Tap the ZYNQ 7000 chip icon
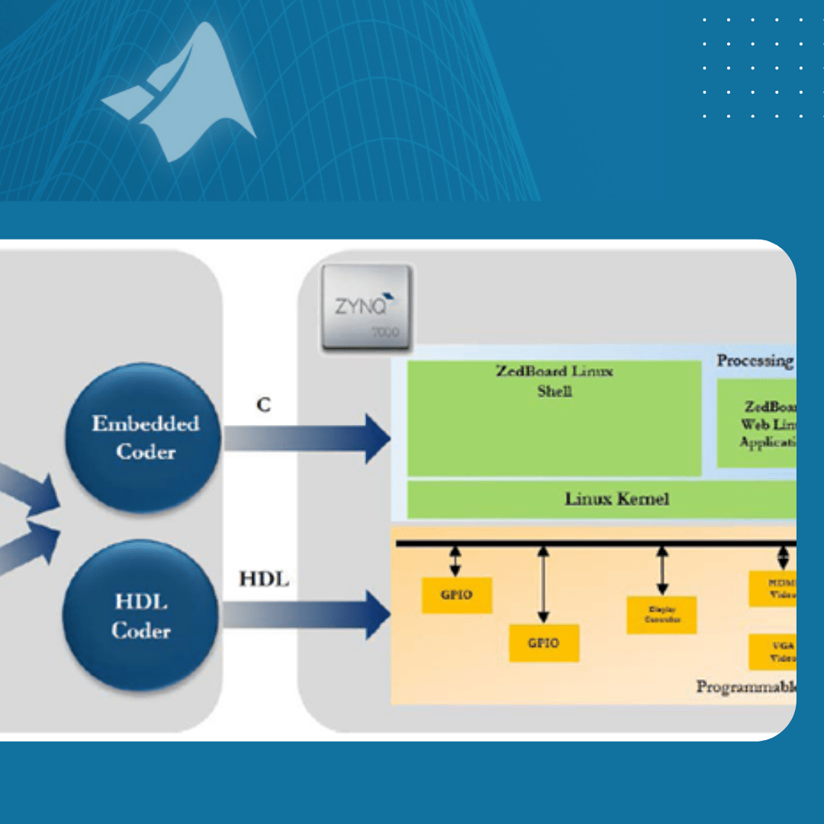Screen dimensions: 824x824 (367, 308)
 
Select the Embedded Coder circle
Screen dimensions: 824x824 (144, 437)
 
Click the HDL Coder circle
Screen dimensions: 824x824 (141, 616)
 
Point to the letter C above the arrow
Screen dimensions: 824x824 (263, 405)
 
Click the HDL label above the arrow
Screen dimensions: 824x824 (264, 579)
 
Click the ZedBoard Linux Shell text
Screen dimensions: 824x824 (555, 381)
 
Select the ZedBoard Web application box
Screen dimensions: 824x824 (757, 424)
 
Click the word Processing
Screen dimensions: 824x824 (755, 361)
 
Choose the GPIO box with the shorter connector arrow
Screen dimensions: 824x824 (457, 595)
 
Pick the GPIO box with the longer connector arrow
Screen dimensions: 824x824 (544, 642)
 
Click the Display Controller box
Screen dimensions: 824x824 (661, 615)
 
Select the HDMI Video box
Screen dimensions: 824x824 (772, 588)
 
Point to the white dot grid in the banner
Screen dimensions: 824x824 (752, 68)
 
